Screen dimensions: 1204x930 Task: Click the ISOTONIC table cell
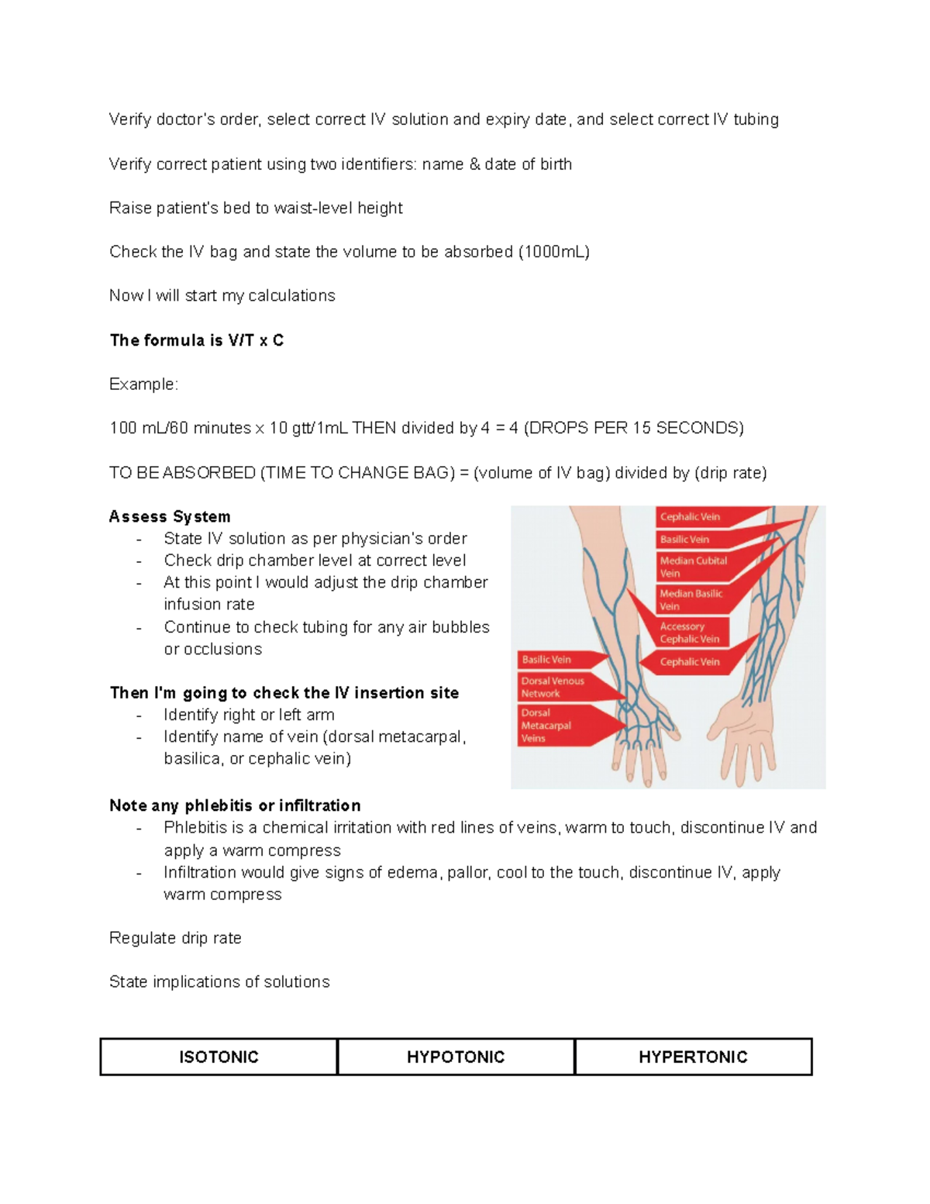coord(219,1057)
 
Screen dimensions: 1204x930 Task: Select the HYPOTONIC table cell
coord(456,1057)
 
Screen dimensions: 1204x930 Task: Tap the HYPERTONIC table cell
coord(693,1057)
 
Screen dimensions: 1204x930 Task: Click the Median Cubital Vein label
coord(693,567)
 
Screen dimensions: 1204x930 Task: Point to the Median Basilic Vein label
coord(691,599)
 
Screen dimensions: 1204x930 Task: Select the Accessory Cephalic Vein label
coord(689,633)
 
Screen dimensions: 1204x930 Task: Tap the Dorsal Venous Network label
coord(553,687)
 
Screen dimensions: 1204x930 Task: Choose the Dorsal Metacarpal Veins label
coord(546,726)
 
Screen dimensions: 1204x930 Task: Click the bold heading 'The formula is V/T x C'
coord(197,340)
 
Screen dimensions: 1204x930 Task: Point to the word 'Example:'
coord(143,385)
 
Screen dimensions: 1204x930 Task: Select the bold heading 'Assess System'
coord(170,516)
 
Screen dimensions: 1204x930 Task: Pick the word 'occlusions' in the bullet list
coord(213,649)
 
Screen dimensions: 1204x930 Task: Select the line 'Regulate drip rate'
coord(175,938)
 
